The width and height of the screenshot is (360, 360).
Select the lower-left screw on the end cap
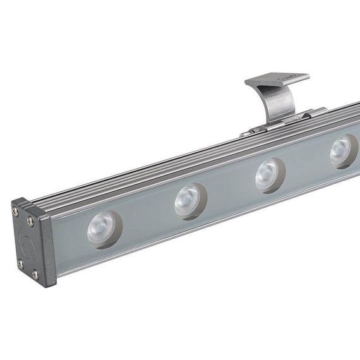20,262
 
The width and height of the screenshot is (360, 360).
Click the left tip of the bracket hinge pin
243,135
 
